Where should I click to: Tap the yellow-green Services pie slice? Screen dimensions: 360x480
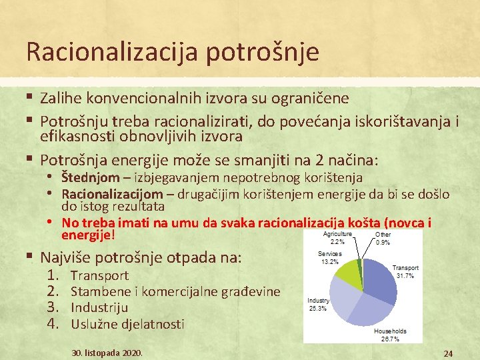coord(348,275)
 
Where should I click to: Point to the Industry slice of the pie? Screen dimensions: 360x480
coord(339,301)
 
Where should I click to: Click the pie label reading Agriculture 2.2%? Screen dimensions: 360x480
coord(338,239)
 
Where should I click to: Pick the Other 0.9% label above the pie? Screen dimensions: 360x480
coord(383,239)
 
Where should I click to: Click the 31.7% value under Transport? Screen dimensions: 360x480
coord(405,275)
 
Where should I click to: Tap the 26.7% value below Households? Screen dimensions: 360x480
coord(390,339)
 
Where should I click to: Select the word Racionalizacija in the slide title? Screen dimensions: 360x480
coord(103,51)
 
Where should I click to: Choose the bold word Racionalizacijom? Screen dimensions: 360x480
coord(112,194)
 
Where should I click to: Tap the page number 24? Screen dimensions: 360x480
coord(448,353)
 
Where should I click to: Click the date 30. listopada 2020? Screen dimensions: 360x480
coord(107,352)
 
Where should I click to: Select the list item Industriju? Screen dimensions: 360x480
coord(99,308)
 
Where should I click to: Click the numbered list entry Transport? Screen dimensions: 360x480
coord(99,275)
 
